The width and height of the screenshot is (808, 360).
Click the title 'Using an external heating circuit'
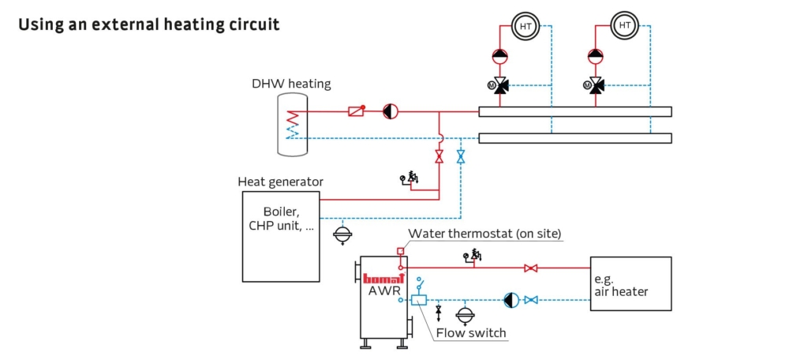148,24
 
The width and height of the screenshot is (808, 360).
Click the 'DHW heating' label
291,84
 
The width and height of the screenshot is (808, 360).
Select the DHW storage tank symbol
291,125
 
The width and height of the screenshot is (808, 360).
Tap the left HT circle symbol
525,26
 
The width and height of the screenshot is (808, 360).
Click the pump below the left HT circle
500,56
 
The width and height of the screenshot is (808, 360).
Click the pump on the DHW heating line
390,111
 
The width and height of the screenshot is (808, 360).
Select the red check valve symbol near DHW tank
356,111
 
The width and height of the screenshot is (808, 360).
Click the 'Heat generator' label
280,182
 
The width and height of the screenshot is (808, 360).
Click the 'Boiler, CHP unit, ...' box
281,237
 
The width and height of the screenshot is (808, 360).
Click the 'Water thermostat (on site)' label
484,234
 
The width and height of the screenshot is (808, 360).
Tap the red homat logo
384,277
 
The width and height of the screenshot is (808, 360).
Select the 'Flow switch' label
471,332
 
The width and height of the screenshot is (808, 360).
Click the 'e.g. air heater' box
630,283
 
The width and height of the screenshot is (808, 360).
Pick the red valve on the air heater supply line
531,268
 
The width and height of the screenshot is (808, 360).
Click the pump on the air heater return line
511,300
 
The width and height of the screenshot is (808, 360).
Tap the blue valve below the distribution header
461,156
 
